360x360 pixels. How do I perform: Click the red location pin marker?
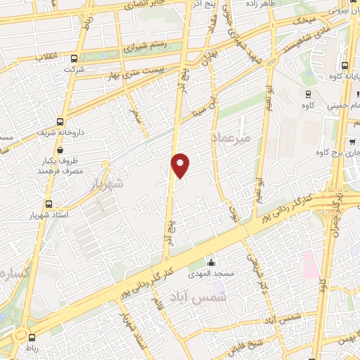coord(181,165)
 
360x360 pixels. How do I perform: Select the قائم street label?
coord(157,307)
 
